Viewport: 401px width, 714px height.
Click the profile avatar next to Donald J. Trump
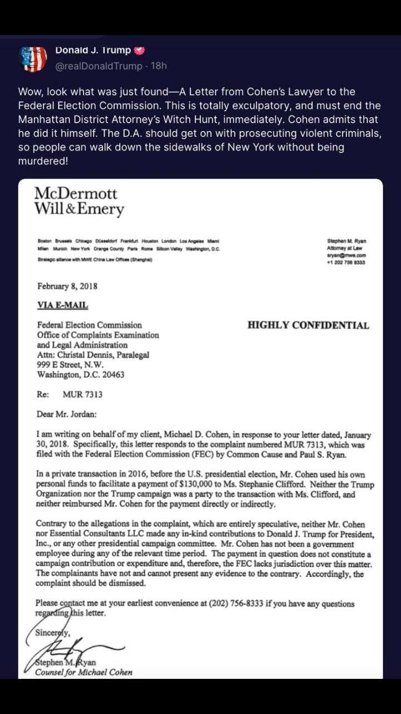[x=33, y=58]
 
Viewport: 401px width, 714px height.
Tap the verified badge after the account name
[x=140, y=50]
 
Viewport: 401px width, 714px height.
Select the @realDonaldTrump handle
[x=99, y=66]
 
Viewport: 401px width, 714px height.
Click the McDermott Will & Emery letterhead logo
[x=79, y=201]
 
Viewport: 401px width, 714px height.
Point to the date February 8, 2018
[x=67, y=286]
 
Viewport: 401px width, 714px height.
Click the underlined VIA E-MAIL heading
[x=62, y=305]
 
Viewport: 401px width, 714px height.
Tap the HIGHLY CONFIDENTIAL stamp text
[x=308, y=325]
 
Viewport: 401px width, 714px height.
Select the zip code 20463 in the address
[x=112, y=375]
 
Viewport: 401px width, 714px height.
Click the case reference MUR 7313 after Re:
[x=82, y=394]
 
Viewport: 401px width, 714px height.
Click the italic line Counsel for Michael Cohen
[x=84, y=672]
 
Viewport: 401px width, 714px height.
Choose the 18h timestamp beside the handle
[x=159, y=66]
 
